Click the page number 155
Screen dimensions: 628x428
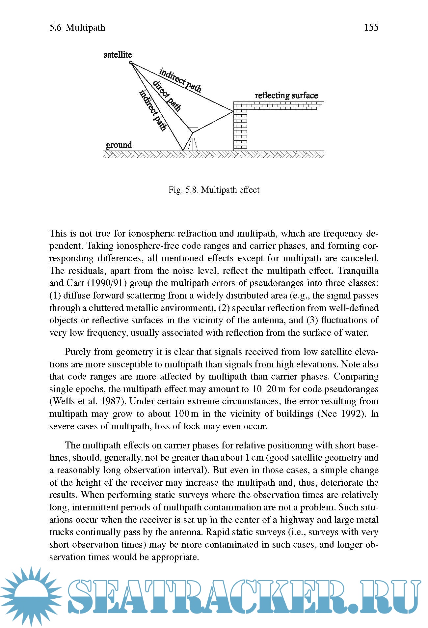[x=371, y=27]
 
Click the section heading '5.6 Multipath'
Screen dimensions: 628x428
[x=77, y=27]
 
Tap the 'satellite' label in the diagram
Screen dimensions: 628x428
[x=118, y=55]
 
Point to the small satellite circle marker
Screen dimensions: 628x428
[x=131, y=62]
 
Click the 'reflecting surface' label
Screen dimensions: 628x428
[x=286, y=96]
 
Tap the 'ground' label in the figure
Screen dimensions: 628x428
[x=119, y=145]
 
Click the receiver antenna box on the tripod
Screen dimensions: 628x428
[x=193, y=132]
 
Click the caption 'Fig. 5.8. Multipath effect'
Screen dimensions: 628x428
[x=214, y=190]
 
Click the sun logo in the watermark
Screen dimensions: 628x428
[x=31, y=596]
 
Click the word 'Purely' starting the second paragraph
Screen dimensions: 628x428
[x=77, y=352]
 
